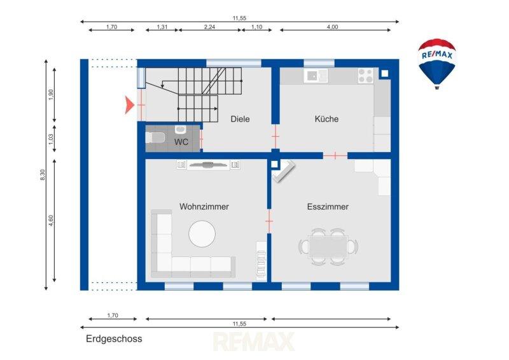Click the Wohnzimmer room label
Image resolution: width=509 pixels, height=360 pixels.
(204, 207)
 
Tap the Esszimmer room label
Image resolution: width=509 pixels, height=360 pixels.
(328, 207)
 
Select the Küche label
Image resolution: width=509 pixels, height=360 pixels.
(326, 119)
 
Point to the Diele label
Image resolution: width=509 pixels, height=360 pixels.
(240, 119)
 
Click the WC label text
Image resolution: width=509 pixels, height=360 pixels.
(181, 142)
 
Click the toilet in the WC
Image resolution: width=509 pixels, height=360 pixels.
(155, 137)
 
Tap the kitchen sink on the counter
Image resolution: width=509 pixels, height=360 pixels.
(316, 76)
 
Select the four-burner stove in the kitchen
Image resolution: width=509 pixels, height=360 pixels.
(366, 75)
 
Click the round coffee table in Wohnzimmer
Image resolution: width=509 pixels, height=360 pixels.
(202, 233)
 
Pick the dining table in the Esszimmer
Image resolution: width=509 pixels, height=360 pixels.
(328, 247)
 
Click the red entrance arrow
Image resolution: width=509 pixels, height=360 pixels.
(130, 105)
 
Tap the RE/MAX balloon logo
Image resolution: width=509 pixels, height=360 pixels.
(437, 64)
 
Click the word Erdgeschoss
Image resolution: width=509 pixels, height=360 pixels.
(114, 339)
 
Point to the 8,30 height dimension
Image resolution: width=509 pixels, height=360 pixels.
(42, 176)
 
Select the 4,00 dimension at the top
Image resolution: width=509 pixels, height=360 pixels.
(332, 27)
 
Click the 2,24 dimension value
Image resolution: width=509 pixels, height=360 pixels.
(209, 27)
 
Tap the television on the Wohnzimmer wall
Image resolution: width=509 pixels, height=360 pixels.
(208, 165)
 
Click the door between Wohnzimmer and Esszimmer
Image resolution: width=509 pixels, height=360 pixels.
(269, 221)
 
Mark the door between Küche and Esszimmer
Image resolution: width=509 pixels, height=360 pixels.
(335, 156)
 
